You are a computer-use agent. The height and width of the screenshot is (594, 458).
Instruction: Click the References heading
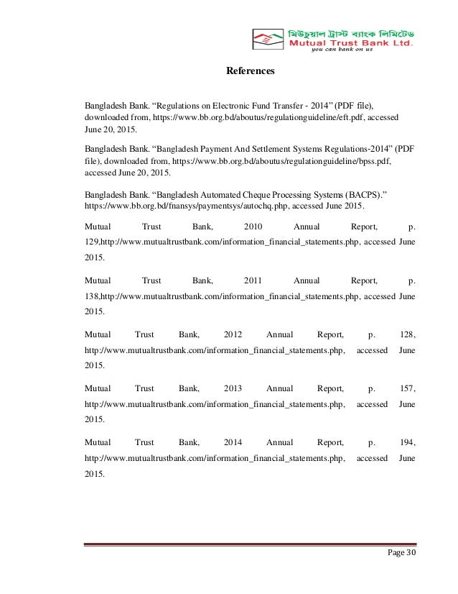point(251,72)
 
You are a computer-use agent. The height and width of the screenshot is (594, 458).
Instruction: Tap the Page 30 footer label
point(401,553)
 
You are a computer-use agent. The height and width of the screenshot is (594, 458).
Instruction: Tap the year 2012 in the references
point(233,334)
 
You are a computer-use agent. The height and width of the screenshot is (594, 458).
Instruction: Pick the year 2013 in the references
point(233,388)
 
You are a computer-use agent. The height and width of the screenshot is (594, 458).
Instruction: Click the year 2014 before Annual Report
point(233,442)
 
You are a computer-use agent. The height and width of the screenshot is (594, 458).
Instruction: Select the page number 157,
point(408,388)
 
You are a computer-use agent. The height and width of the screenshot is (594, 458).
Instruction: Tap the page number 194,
point(408,442)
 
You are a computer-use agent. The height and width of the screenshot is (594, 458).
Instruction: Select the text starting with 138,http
point(222,296)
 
